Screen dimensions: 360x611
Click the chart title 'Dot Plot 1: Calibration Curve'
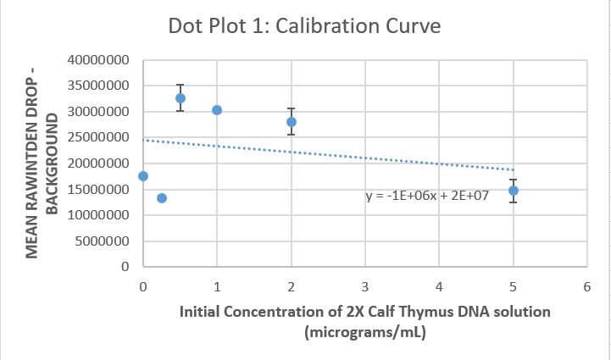coord(304,25)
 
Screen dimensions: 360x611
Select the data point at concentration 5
coord(514,191)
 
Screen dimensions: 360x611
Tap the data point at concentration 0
coord(143,176)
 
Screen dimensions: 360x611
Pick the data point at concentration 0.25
coord(162,198)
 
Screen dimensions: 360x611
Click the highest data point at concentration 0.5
coord(181,98)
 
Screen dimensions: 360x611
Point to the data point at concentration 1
coord(217,110)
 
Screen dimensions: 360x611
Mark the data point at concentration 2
coord(292,122)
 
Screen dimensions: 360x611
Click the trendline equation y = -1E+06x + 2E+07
coord(427,197)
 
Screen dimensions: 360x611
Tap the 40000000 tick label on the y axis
coord(98,60)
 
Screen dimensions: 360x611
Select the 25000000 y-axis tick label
coord(98,138)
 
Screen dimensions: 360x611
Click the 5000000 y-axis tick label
coord(102,241)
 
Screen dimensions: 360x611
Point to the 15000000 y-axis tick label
coord(98,190)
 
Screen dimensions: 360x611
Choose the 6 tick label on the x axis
coord(587,287)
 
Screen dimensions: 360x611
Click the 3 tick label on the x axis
coord(365,287)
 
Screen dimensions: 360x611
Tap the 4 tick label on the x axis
coord(439,287)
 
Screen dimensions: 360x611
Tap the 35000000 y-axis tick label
coord(98,86)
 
